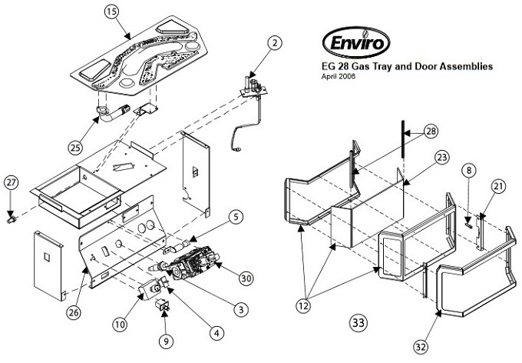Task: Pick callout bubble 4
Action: point(218,332)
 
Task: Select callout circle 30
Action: point(246,278)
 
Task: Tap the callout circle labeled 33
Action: point(358,322)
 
